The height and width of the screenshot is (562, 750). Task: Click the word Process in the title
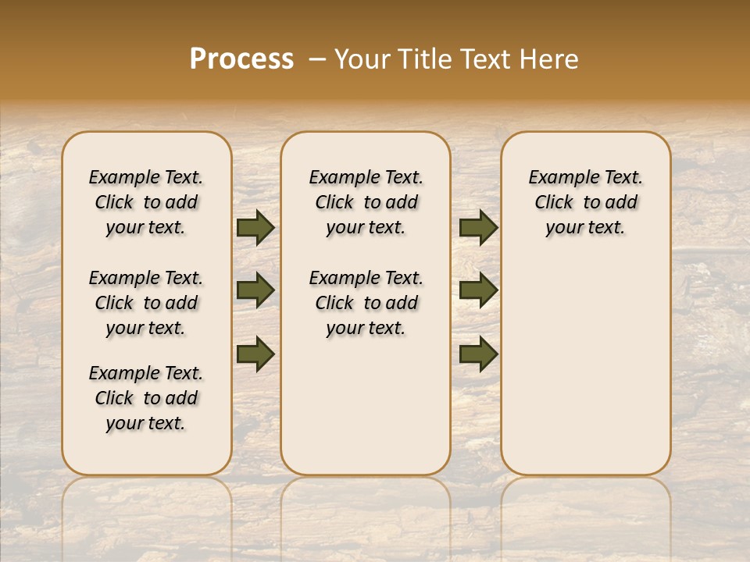pyautogui.click(x=241, y=59)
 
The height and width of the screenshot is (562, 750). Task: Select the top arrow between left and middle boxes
pyautogui.click(x=255, y=227)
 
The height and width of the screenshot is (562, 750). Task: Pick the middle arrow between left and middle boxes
pyautogui.click(x=255, y=290)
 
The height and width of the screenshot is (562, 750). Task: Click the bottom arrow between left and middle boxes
pyautogui.click(x=255, y=354)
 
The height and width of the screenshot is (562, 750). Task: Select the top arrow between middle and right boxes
pyautogui.click(x=478, y=227)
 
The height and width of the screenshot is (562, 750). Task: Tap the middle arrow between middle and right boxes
pyautogui.click(x=478, y=290)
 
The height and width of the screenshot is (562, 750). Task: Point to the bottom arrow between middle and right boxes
pyautogui.click(x=478, y=354)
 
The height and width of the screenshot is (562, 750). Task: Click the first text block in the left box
pyautogui.click(x=146, y=202)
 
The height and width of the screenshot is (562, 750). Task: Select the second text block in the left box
pyautogui.click(x=146, y=303)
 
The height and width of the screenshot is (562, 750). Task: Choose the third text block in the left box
pyautogui.click(x=146, y=398)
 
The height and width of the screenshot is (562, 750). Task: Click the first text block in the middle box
pyautogui.click(x=366, y=202)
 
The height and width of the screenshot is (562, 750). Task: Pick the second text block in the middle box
pyautogui.click(x=366, y=303)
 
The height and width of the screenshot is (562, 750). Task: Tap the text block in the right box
pyautogui.click(x=585, y=202)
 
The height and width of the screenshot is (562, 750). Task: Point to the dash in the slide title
pyautogui.click(x=317, y=59)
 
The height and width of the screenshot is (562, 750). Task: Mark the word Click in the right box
pyautogui.click(x=554, y=203)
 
